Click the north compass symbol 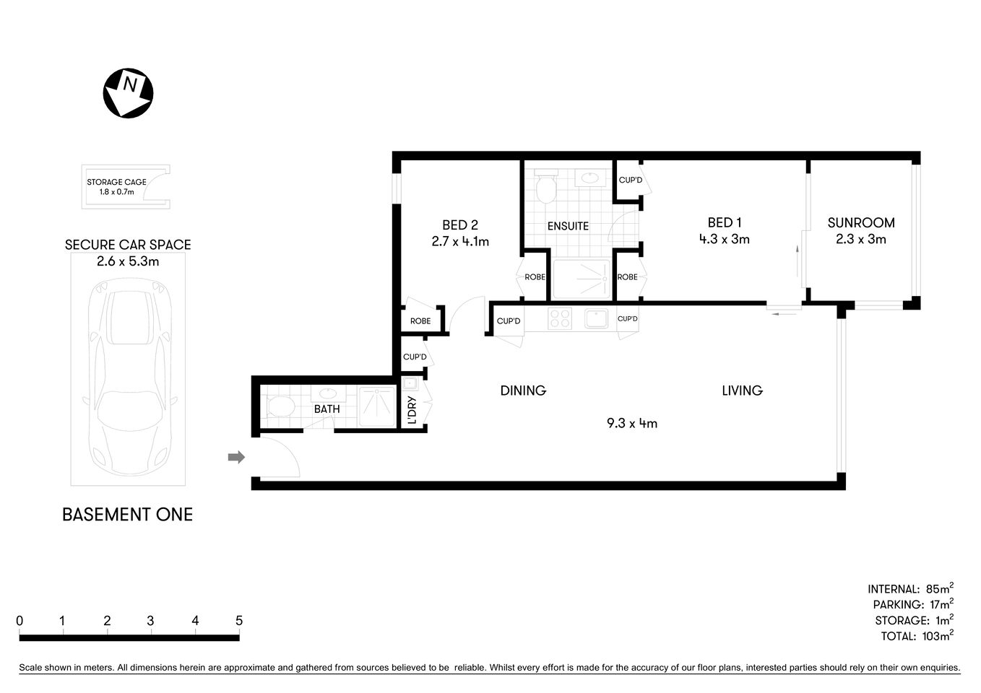(129, 93)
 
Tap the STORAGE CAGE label (116, 182)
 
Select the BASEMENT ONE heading (127, 515)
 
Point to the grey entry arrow (236, 457)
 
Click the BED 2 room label (460, 225)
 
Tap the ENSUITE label (568, 226)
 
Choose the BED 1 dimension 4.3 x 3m (724, 240)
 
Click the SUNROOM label (861, 223)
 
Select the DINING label (523, 391)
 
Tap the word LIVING (742, 391)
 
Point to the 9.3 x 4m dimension (632, 424)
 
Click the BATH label (327, 409)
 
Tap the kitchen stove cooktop (560, 318)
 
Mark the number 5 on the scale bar (239, 621)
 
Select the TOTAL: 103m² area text (917, 636)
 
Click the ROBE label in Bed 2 (420, 321)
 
